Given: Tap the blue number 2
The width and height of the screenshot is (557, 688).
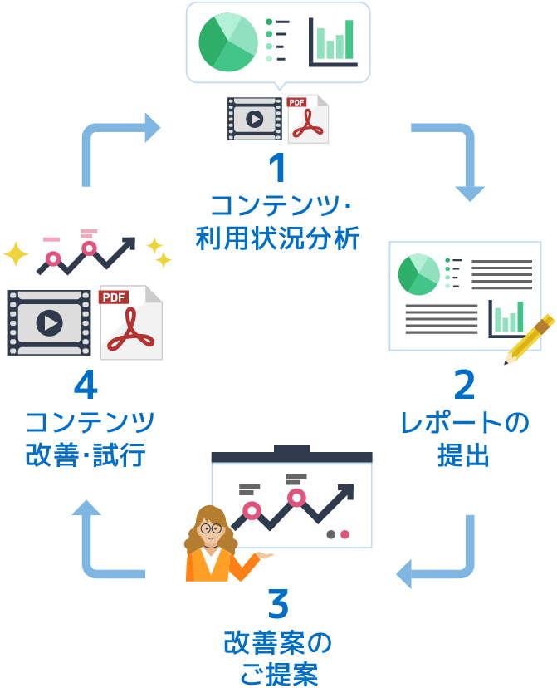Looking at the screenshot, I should tap(464, 386).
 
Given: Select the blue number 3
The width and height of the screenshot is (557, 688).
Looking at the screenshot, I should tap(278, 605).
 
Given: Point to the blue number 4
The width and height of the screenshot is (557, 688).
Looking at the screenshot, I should tap(86, 386).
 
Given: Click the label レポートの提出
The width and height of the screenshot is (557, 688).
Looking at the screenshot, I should tap(464, 440).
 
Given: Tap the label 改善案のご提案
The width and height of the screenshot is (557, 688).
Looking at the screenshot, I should tap(278, 657).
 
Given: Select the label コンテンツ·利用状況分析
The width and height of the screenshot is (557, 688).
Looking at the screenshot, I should tap(278, 222).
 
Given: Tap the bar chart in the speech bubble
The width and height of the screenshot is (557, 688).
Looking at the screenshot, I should tap(333, 42).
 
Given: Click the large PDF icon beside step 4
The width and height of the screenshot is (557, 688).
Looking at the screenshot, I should tap(130, 322).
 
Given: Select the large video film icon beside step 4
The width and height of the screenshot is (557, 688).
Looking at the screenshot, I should tap(49, 322).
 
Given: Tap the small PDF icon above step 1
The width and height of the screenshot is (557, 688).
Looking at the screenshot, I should tap(306, 119).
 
